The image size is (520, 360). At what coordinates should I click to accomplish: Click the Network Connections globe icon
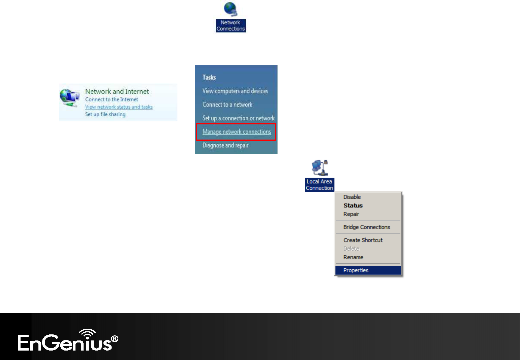coord(231,9)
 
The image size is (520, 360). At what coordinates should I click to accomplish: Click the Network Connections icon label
coord(231,26)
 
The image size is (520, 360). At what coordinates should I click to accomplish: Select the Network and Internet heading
coord(117,91)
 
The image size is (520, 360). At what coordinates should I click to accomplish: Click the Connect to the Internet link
coord(112,99)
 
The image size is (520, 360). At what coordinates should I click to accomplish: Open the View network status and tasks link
coord(119,107)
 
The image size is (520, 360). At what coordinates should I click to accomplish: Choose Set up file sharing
coord(105,114)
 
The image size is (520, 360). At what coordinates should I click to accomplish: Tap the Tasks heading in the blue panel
coord(209,77)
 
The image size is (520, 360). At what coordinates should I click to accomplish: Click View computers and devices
coord(235,91)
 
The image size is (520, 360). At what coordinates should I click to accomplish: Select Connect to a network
coord(227,104)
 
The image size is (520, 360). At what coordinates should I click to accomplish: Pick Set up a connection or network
coord(238,118)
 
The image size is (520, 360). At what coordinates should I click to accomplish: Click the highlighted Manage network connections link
coord(237,132)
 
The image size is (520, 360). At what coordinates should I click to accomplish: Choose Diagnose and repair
coord(225,145)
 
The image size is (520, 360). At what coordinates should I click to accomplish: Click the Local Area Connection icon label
coord(319,185)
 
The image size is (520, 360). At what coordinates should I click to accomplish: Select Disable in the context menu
coord(352,197)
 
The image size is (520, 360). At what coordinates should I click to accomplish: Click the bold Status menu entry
coord(353,206)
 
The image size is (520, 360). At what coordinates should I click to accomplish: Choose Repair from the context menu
coord(351,214)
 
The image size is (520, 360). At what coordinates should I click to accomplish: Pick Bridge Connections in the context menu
coord(367,227)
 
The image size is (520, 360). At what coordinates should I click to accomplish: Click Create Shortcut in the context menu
coord(363,240)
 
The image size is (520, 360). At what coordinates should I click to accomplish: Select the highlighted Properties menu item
coord(368,270)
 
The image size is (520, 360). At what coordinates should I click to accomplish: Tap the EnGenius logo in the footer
coord(68,340)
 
